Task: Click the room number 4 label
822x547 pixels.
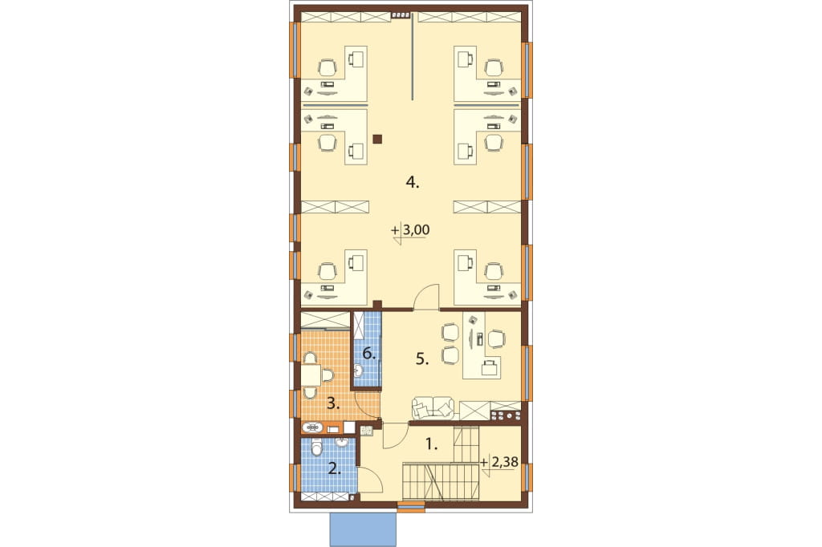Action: point(413,182)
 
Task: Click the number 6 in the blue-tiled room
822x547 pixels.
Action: point(369,354)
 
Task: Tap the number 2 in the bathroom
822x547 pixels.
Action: point(333,468)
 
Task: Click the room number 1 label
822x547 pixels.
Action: point(430,445)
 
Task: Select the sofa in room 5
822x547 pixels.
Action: point(433,407)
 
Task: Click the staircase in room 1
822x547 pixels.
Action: point(441,480)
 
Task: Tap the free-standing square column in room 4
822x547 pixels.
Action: point(377,139)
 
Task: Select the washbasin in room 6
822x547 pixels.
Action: point(358,371)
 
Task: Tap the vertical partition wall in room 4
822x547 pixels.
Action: point(413,57)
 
